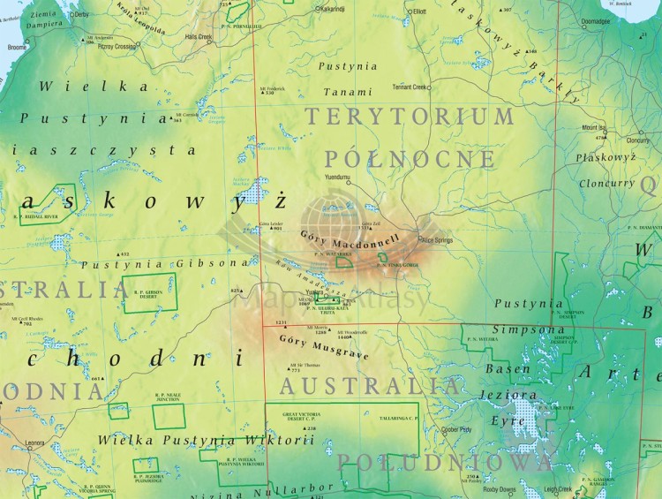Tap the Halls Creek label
tap(199, 38)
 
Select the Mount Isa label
tap(595, 127)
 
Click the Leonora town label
tap(34, 443)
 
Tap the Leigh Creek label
tap(558, 488)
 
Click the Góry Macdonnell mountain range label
tap(350, 238)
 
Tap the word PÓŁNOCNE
tap(410, 158)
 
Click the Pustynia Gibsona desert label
tap(159, 264)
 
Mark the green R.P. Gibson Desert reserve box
tap(147, 293)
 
